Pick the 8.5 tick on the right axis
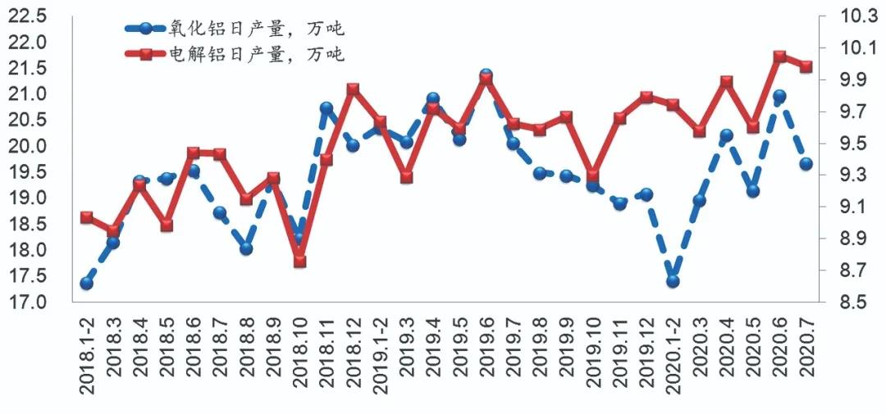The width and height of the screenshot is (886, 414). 853,303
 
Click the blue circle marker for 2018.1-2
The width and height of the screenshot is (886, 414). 86,284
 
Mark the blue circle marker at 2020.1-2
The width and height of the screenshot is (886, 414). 673,281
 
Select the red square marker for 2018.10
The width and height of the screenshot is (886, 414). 299,261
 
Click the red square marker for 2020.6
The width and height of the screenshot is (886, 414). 779,57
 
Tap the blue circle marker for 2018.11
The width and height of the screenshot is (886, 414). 327,108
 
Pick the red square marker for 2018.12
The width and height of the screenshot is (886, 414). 353,89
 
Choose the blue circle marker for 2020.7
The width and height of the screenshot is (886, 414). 806,164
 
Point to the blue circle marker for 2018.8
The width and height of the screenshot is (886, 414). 246,248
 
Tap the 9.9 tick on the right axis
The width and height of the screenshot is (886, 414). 853,80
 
